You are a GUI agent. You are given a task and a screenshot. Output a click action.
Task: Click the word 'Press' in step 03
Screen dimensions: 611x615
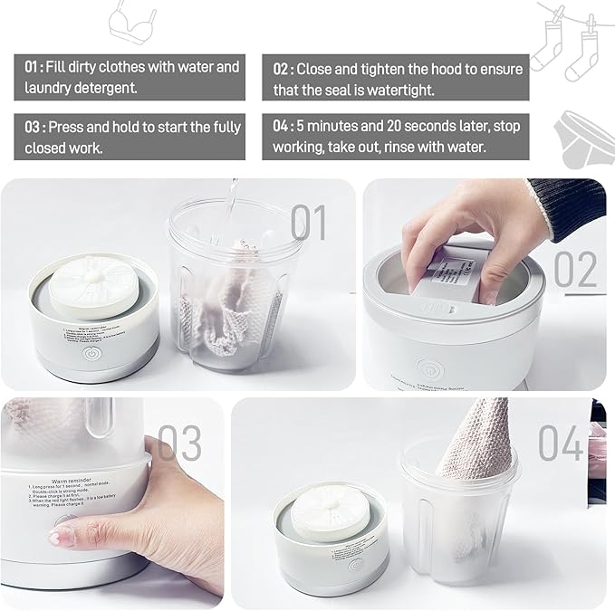point(69,127)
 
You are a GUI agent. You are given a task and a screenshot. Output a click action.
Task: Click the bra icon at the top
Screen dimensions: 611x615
point(133,24)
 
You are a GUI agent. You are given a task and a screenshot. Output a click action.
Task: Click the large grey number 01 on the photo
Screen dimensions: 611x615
point(308,222)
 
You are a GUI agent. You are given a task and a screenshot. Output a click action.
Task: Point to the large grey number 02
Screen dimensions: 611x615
point(575,270)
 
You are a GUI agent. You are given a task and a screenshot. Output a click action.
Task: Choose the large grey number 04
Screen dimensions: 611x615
point(562,443)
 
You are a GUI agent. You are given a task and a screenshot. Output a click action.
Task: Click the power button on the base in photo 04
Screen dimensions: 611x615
point(356,564)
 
